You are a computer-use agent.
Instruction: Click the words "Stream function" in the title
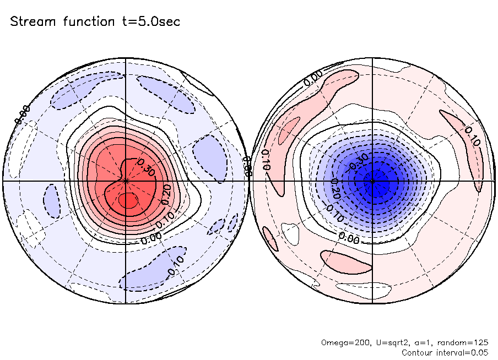pyautogui.click(x=51, y=22)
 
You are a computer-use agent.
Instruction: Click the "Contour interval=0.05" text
pyautogui.click(x=445, y=352)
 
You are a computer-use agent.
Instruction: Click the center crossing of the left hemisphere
pyautogui.click(x=126, y=181)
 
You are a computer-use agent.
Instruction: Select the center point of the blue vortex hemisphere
pyautogui.click(x=373, y=181)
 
